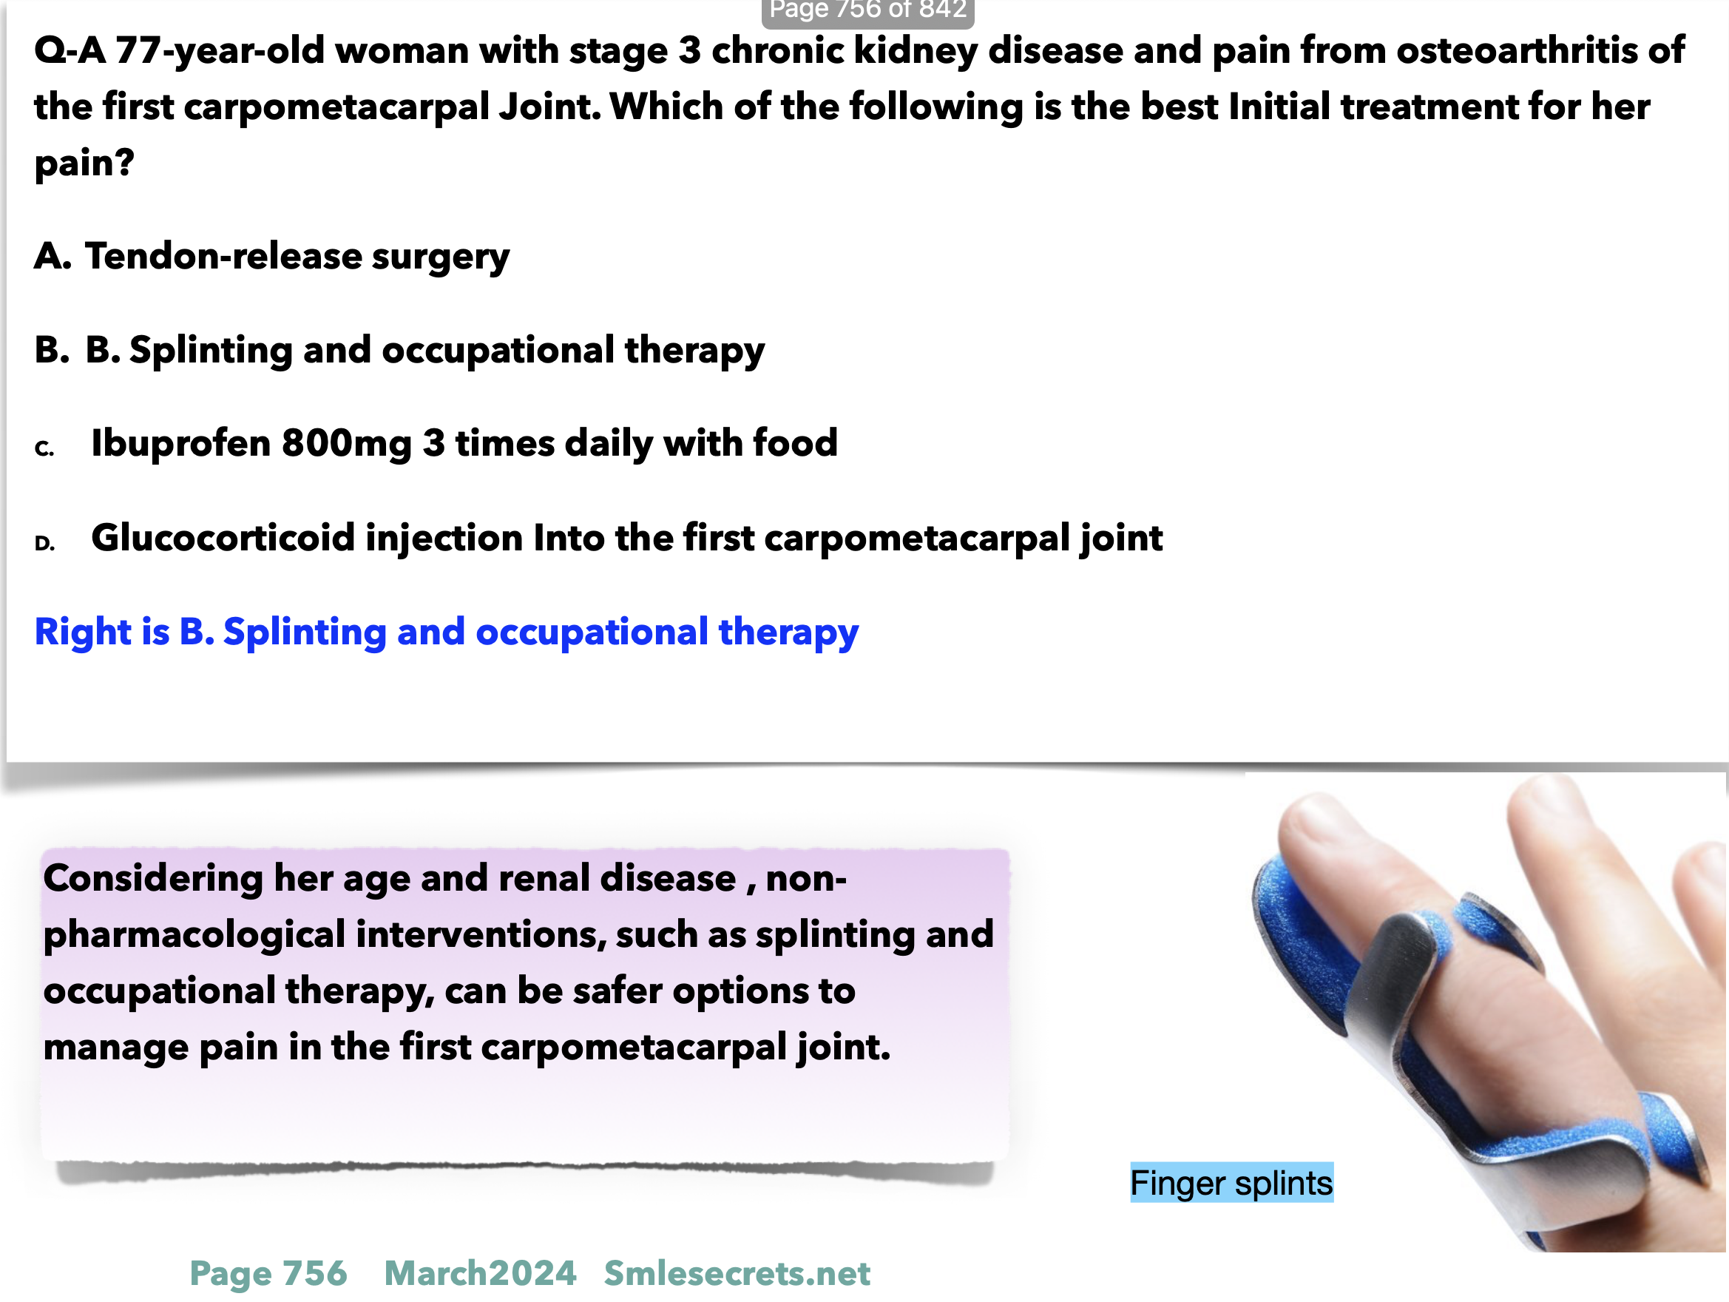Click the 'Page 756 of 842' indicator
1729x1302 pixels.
867,10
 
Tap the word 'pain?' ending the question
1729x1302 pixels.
84,164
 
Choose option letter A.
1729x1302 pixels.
53,257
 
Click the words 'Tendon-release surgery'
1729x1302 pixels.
297,258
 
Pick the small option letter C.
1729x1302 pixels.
44,449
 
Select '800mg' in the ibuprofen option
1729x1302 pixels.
346,444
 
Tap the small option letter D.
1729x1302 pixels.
44,544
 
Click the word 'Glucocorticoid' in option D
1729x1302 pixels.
223,538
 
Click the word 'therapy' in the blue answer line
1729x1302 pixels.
788,633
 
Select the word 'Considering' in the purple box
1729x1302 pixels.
153,879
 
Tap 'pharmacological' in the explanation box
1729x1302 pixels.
194,936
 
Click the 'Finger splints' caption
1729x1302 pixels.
1231,1183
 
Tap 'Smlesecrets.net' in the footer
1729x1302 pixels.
737,1274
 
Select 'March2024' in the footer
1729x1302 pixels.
480,1274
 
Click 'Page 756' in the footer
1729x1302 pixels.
268,1274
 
